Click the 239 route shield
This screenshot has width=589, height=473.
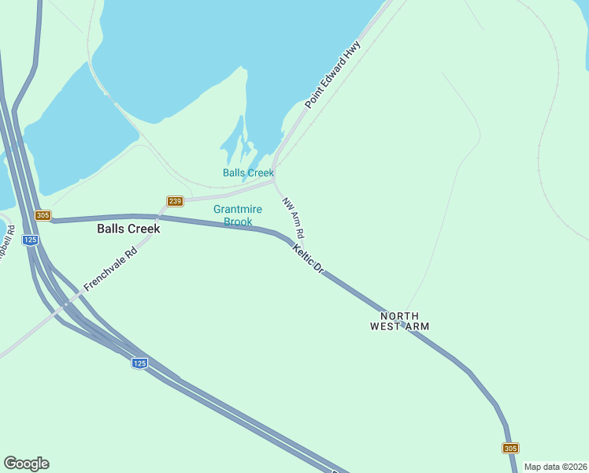point(175,202)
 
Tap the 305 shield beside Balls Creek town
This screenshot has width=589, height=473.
point(43,216)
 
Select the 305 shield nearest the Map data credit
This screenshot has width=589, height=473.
point(510,448)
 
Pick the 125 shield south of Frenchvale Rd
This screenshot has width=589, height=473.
point(139,363)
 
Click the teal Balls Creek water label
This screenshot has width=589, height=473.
point(248,173)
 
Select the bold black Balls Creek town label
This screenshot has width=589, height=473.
point(128,229)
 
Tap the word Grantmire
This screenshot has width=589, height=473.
point(238,209)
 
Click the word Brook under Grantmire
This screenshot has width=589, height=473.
point(238,222)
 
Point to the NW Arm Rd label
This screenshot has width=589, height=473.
point(293,218)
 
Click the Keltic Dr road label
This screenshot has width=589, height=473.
point(308,259)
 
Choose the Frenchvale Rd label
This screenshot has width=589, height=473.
point(110,271)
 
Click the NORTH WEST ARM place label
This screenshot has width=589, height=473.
point(400,320)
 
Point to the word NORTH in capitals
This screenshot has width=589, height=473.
point(400,315)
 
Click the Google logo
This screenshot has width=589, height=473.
point(26,464)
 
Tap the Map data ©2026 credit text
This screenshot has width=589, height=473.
point(554,467)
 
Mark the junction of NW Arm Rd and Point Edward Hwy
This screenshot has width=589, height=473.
point(273,181)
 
